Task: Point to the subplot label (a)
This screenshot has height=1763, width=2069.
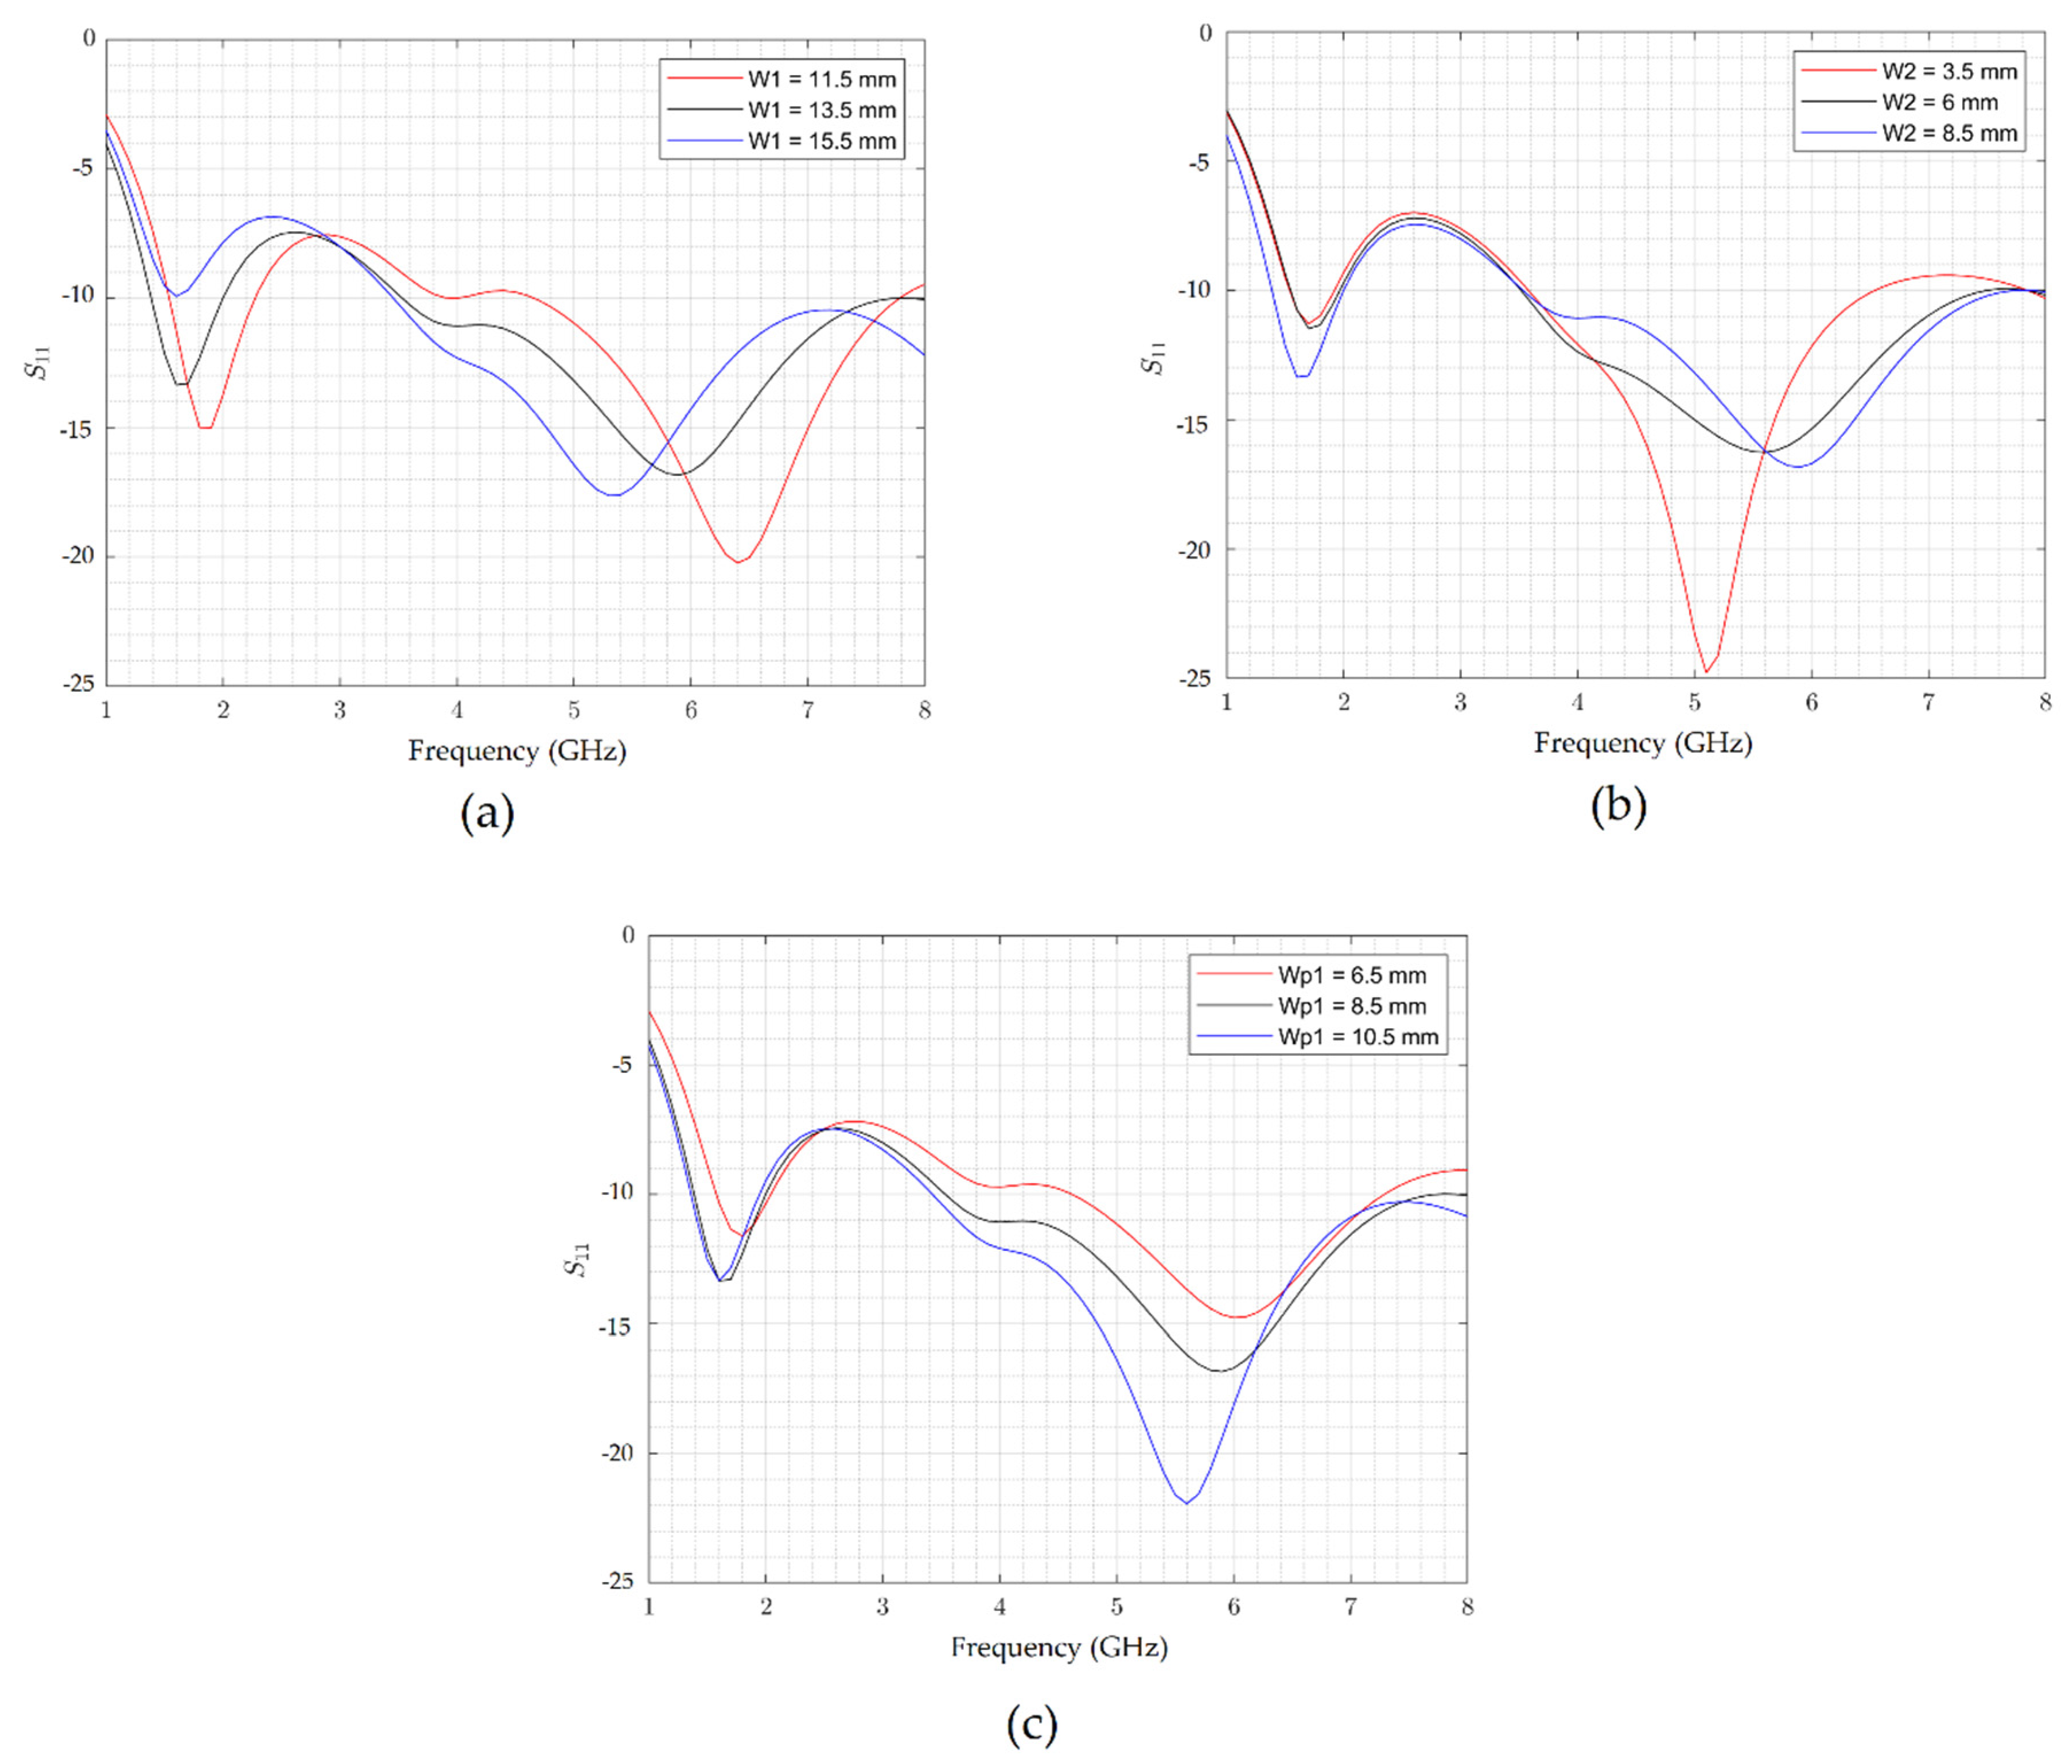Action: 487,813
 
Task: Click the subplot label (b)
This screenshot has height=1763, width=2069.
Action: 1617,805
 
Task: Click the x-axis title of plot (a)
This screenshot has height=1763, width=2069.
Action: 516,751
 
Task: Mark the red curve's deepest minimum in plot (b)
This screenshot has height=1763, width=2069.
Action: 1706,671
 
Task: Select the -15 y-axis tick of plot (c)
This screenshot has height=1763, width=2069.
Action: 617,1323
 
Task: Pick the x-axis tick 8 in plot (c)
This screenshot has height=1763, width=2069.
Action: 1467,1606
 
